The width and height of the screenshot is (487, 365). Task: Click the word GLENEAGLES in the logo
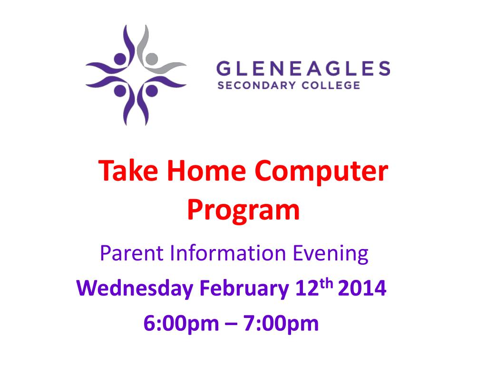tap(303, 68)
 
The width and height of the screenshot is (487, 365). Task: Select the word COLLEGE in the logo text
tap(331, 86)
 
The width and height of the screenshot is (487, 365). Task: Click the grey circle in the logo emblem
tap(152, 58)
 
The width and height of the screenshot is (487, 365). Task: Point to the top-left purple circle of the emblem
tap(120, 58)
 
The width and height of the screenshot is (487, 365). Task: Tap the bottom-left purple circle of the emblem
tap(120, 91)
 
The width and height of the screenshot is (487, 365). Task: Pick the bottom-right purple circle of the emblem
tap(152, 91)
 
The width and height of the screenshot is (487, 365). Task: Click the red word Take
tap(128, 171)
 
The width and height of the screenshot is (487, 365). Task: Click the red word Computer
tap(321, 173)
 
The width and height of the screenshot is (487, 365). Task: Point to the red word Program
tap(243, 211)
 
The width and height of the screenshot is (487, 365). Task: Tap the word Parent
tap(132, 253)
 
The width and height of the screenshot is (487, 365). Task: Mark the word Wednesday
tap(135, 288)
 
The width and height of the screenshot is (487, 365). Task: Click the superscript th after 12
tap(326, 283)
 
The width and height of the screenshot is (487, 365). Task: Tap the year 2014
tap(362, 288)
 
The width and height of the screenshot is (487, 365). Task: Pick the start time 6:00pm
tap(181, 324)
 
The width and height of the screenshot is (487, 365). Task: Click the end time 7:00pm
tap(281, 324)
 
